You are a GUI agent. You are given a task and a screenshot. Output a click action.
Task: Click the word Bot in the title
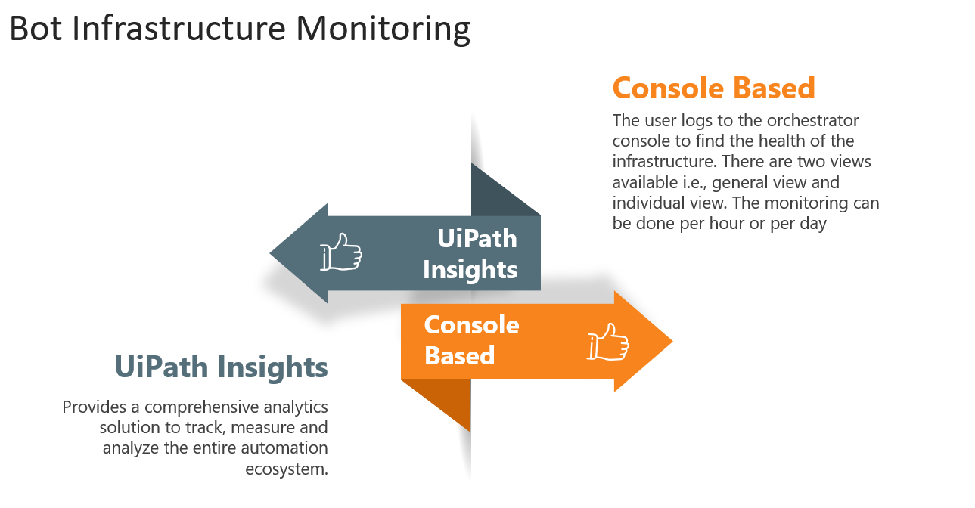[x=36, y=28]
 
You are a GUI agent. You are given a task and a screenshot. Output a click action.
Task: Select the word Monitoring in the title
[x=383, y=29]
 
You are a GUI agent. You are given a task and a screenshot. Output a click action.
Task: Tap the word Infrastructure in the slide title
[x=179, y=28]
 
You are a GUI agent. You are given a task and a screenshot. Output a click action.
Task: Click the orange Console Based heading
[x=713, y=88]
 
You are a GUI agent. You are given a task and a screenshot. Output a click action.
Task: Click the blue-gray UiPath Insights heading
[x=221, y=367]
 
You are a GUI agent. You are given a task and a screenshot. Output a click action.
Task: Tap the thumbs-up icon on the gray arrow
[x=341, y=252]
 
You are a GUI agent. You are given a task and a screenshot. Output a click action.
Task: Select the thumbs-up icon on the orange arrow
[x=607, y=342]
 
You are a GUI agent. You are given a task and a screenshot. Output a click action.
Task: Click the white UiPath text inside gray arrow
[x=477, y=238]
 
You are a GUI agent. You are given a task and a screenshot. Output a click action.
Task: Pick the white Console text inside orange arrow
[x=471, y=325]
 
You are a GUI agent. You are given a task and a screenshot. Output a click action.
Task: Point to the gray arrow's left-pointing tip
[x=270, y=253]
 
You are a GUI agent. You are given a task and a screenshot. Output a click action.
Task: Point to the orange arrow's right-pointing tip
[x=672, y=342]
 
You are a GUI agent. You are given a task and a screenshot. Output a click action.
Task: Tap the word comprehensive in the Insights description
[x=201, y=407]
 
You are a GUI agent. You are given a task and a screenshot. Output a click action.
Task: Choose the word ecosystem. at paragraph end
[x=287, y=469]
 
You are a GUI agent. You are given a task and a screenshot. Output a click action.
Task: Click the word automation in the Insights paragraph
[x=284, y=448]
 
